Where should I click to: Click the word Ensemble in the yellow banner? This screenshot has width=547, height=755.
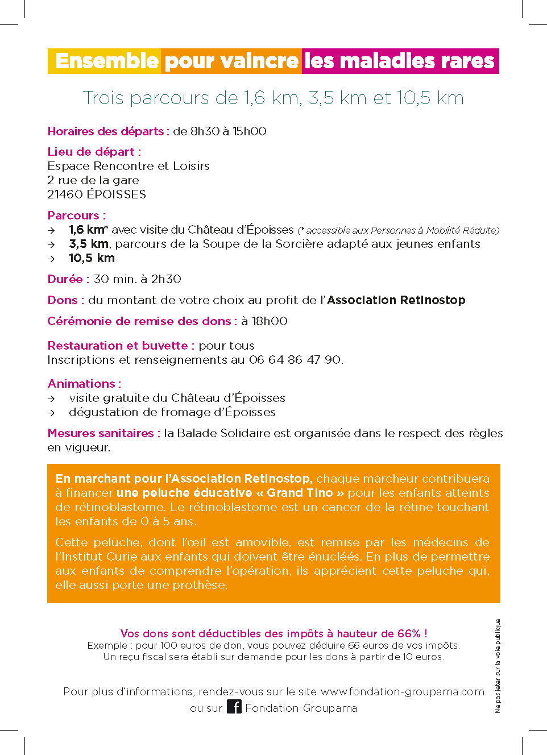click(x=107, y=61)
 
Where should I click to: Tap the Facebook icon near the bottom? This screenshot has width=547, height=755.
click(x=234, y=707)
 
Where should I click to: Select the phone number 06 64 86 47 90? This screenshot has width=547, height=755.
click(x=295, y=360)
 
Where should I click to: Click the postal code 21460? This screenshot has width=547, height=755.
click(x=65, y=194)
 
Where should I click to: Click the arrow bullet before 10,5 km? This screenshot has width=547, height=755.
click(x=51, y=259)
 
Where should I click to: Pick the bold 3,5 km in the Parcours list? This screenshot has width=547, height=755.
click(x=89, y=244)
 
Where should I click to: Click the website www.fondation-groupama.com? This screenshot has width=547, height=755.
click(x=402, y=692)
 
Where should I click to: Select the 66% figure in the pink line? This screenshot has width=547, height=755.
click(x=409, y=633)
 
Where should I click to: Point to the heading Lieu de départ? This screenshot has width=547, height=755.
click(x=94, y=152)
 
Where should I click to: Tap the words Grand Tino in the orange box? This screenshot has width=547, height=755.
click(x=300, y=493)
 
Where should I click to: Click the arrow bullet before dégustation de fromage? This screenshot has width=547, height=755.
click(x=51, y=413)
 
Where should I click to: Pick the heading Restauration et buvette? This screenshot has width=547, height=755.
click(x=121, y=346)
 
